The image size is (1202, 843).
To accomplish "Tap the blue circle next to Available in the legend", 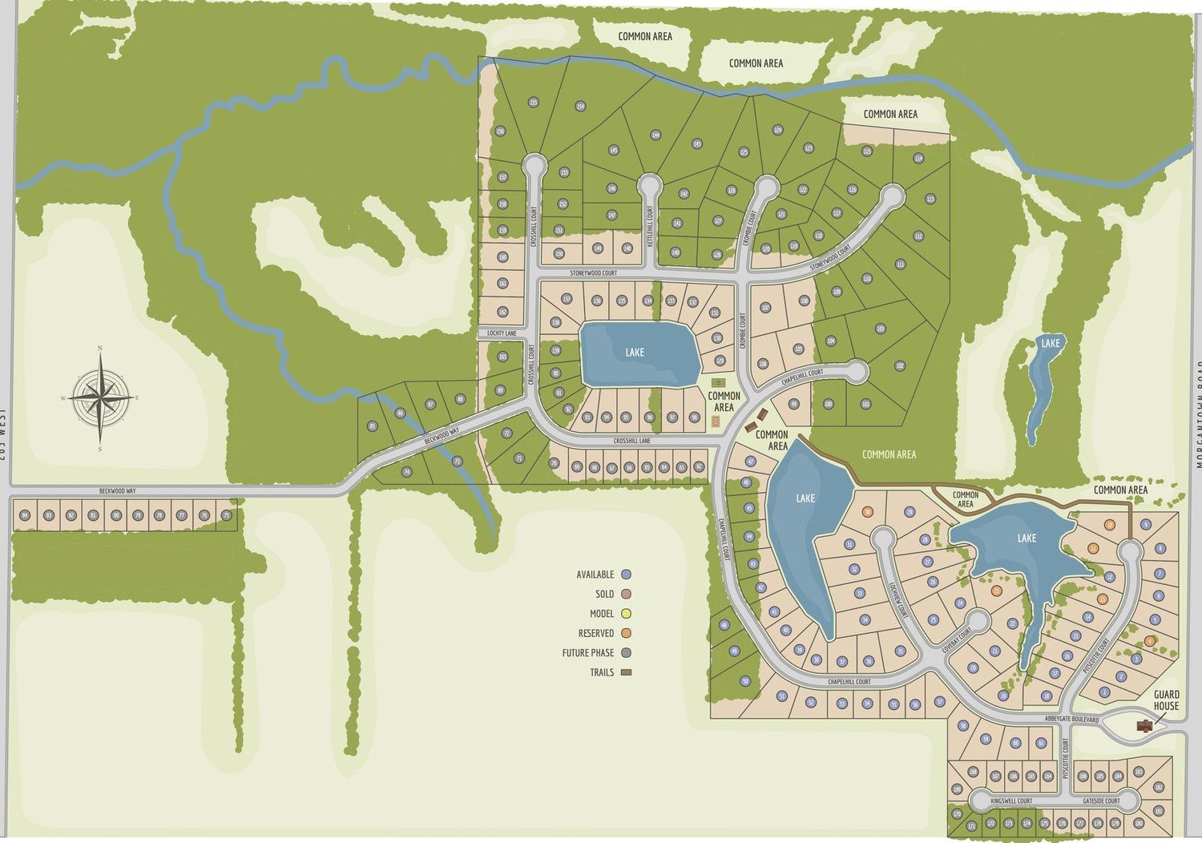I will pos(627,575).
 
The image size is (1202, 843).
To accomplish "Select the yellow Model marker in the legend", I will pos(627,614).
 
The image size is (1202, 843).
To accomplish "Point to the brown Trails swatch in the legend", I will pos(627,672).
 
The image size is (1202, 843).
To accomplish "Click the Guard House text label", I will pos(1166,700).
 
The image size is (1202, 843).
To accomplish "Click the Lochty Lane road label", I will pos(502,333).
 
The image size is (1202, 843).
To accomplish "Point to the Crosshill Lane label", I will pos(632,441).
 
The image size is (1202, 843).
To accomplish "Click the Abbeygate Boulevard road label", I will pos(1072,720).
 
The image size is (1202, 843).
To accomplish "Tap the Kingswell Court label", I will pos(1011,801).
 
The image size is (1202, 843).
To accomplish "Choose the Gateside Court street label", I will pos(1100,801).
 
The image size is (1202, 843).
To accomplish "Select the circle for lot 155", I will pos(533,102).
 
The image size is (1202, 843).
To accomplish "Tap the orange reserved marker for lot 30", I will pos(867,512).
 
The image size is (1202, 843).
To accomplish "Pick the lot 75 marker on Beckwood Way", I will pos(227,515).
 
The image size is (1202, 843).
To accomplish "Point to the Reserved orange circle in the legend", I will pos(627,633).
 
